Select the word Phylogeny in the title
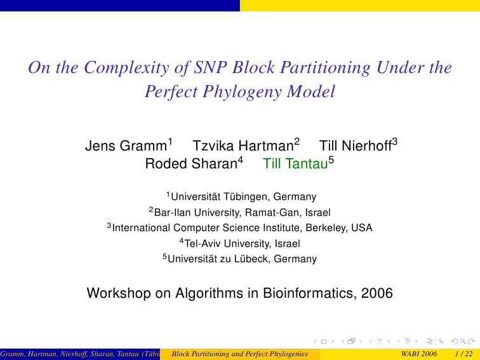click(242, 91)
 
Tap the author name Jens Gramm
click(126, 146)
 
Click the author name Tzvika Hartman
click(243, 146)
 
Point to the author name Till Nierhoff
click(356, 146)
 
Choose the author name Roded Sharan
click(191, 163)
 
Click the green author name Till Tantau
click(295, 163)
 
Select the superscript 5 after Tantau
click(331, 160)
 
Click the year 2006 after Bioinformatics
click(377, 293)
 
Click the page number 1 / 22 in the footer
click(463, 354)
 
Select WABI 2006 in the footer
click(419, 354)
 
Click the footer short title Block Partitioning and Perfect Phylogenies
click(240, 354)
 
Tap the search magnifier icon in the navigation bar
click(463, 342)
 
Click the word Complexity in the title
click(126, 68)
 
